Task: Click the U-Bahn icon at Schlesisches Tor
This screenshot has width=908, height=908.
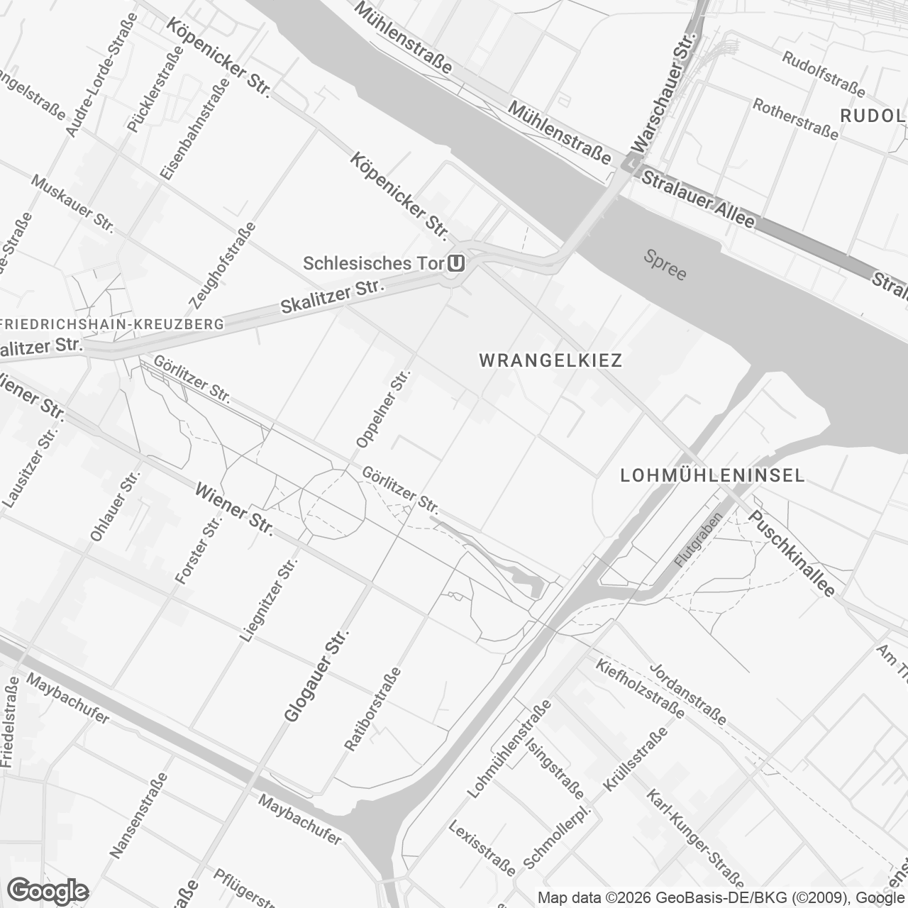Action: (x=457, y=264)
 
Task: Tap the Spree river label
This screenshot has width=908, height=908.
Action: (x=665, y=265)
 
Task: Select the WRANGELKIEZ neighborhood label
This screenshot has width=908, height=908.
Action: (x=551, y=360)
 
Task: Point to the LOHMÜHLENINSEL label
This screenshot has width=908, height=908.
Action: (x=712, y=475)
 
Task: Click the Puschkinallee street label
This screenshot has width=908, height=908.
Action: (x=792, y=553)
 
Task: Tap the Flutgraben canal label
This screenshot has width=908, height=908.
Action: (x=698, y=540)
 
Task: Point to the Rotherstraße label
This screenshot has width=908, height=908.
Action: (x=795, y=116)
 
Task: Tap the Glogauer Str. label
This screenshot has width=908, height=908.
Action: (x=313, y=675)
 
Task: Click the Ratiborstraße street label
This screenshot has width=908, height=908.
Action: (x=372, y=709)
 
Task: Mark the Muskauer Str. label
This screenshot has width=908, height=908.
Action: (x=72, y=203)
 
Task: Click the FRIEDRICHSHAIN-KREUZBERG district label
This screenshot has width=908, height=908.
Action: (x=112, y=324)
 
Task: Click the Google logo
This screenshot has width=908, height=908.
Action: (x=48, y=890)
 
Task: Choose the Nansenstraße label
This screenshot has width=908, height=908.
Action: (x=139, y=815)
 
